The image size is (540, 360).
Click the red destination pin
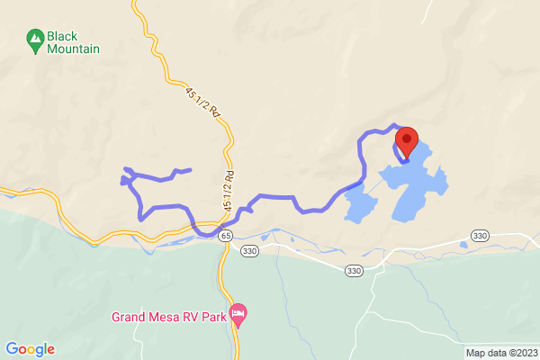(406, 141)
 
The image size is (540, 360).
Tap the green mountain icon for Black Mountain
(35, 38)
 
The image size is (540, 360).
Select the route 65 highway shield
(225, 235)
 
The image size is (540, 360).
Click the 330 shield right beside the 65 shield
(249, 251)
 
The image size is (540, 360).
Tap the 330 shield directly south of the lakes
(354, 271)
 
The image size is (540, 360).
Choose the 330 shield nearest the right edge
(480, 235)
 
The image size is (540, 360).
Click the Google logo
(30, 349)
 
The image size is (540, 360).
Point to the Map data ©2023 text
(500, 353)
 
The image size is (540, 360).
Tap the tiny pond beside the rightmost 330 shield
(463, 245)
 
